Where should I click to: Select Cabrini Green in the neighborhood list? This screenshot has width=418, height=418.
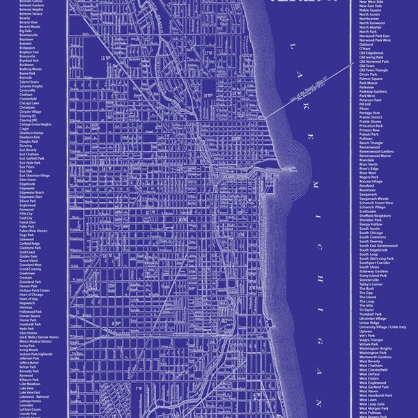[x=31, y=82]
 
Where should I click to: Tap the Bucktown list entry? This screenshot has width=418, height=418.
[x=27, y=65]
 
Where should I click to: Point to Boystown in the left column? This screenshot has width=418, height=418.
[x=27, y=39]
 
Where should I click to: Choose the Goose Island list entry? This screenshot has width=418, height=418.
[x=30, y=261]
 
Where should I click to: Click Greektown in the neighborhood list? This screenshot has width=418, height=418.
[x=29, y=273]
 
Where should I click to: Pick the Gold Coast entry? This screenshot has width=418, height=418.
[x=28, y=251]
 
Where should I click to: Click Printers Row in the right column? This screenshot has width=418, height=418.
[x=369, y=130]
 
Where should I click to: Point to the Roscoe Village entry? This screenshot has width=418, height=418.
[x=372, y=181]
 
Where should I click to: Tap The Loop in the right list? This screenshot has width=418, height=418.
[x=366, y=300]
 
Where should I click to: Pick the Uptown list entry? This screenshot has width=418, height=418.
[x=366, y=330]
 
